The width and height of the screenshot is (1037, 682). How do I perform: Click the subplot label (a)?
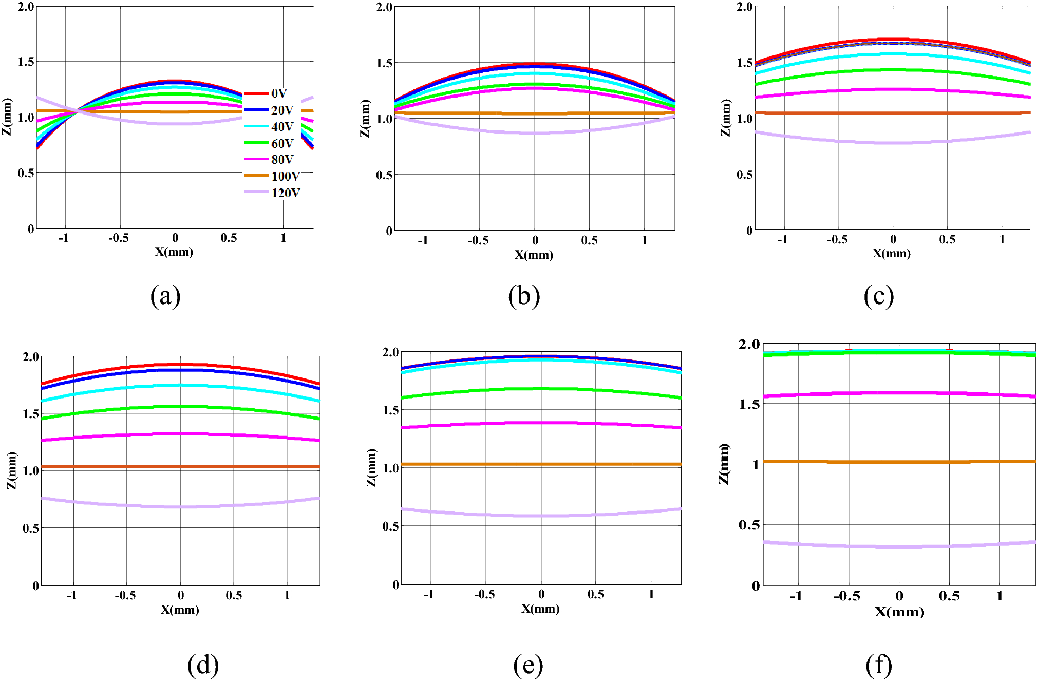[165, 296]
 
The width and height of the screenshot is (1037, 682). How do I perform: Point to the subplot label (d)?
[203, 665]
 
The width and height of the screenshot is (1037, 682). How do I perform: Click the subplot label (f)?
[878, 665]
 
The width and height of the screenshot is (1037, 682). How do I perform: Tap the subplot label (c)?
[878, 296]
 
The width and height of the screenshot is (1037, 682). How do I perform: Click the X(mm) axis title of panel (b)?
[534, 255]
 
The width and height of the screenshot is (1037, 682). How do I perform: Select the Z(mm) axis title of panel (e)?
[371, 467]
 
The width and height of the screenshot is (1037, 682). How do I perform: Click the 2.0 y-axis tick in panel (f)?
[749, 345]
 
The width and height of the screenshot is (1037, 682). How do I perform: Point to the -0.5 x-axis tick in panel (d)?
[125, 595]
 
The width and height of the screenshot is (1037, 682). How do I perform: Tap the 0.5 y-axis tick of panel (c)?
[744, 175]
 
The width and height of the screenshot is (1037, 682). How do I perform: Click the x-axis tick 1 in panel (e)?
[651, 594]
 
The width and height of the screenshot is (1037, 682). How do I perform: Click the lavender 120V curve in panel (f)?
[899, 547]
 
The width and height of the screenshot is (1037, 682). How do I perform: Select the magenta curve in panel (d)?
[180, 434]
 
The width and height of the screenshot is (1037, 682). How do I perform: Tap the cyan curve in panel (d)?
[180, 385]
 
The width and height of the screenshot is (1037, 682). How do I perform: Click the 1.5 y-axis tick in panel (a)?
[26, 62]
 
